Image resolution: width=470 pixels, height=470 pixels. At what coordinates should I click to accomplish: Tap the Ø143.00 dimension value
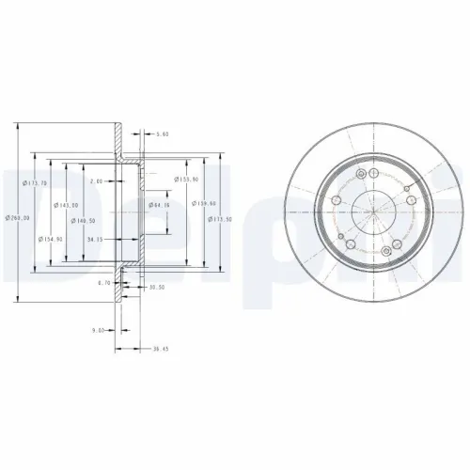click(x=56, y=205)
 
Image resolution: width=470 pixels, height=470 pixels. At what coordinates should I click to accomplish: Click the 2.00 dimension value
click(x=95, y=180)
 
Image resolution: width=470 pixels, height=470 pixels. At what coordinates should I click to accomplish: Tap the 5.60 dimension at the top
click(x=163, y=133)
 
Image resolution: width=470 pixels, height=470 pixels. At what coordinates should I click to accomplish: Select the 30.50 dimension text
click(x=157, y=289)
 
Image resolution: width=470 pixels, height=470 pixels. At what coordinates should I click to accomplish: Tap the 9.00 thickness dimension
click(x=98, y=330)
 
